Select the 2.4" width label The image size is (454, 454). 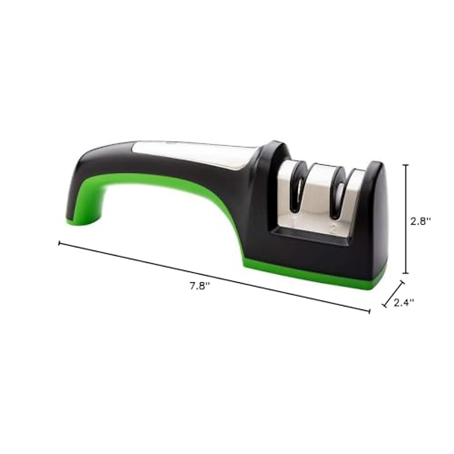[x=404, y=302]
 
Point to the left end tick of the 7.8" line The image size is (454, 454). [x=59, y=243]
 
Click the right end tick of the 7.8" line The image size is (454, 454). [x=369, y=311]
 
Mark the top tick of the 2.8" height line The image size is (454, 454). [x=406, y=165]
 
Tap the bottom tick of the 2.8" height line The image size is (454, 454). [x=406, y=273]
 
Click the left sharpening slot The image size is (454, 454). [x=298, y=189]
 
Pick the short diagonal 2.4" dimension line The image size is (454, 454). [x=393, y=294]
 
